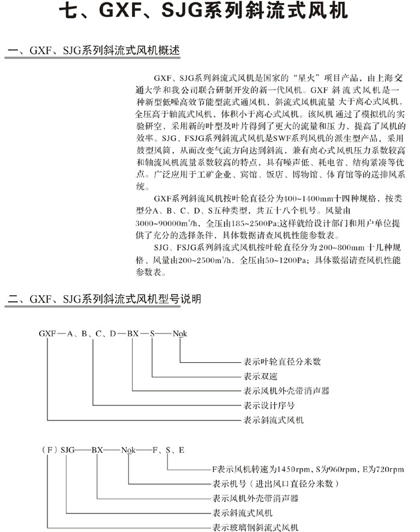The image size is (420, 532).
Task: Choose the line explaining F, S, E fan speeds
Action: [x=308, y=469]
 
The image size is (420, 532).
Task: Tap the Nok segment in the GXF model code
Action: [x=180, y=333]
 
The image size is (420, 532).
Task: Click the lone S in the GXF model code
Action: [x=152, y=333]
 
